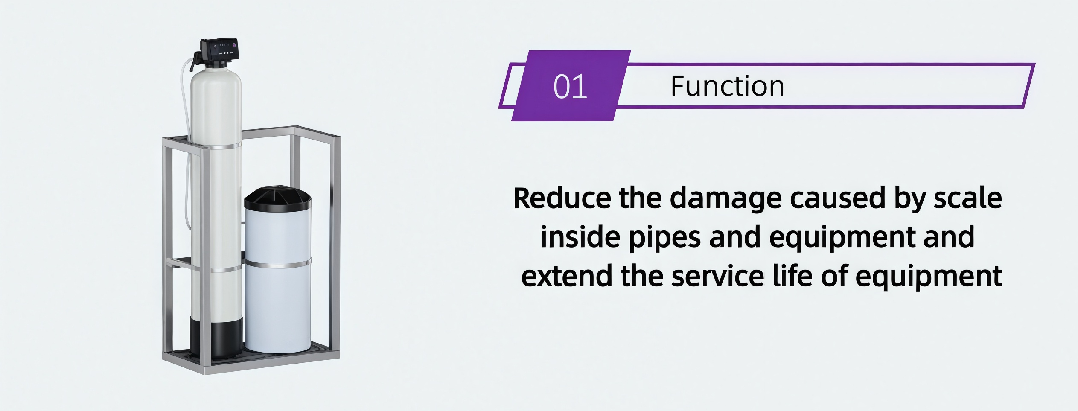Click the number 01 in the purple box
(x=570, y=87)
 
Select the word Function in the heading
(x=727, y=86)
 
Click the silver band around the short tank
(x=278, y=264)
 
